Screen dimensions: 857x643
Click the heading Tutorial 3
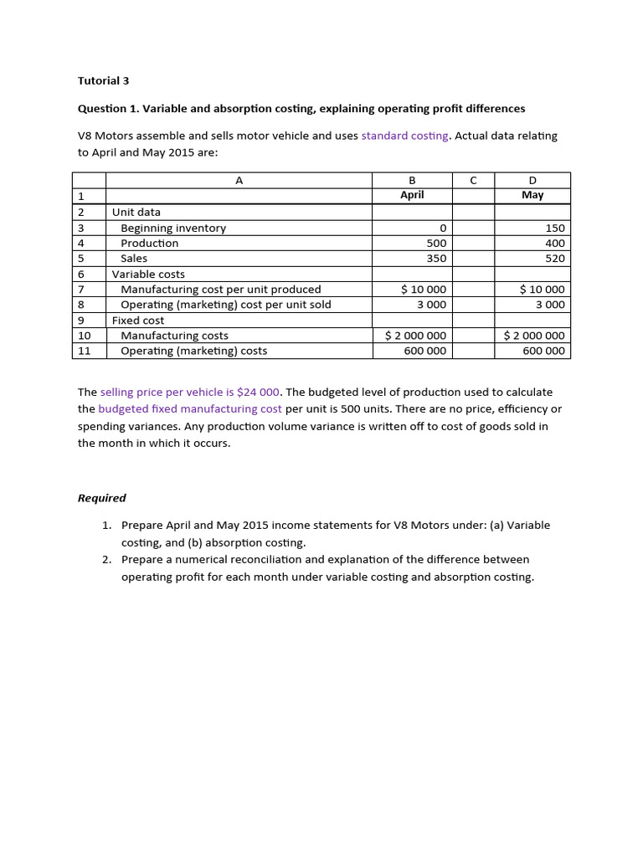click(104, 81)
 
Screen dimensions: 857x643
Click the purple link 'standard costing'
click(404, 136)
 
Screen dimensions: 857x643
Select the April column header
click(412, 195)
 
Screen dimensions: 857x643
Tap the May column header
click(532, 195)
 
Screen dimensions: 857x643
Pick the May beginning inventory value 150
click(554, 228)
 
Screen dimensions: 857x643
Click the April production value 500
click(436, 243)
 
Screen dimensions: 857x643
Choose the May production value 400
click(554, 243)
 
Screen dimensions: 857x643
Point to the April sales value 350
click(436, 259)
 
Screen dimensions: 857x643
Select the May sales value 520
click(554, 259)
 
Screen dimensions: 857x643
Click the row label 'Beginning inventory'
click(173, 228)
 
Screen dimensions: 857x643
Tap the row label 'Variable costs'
click(149, 274)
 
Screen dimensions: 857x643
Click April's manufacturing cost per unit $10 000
click(424, 290)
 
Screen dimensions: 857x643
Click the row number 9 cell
click(81, 320)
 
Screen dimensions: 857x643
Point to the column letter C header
click(474, 180)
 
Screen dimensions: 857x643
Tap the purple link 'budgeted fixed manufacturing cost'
click(190, 409)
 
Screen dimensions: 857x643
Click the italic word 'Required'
click(102, 498)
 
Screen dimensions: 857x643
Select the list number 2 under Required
click(107, 559)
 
